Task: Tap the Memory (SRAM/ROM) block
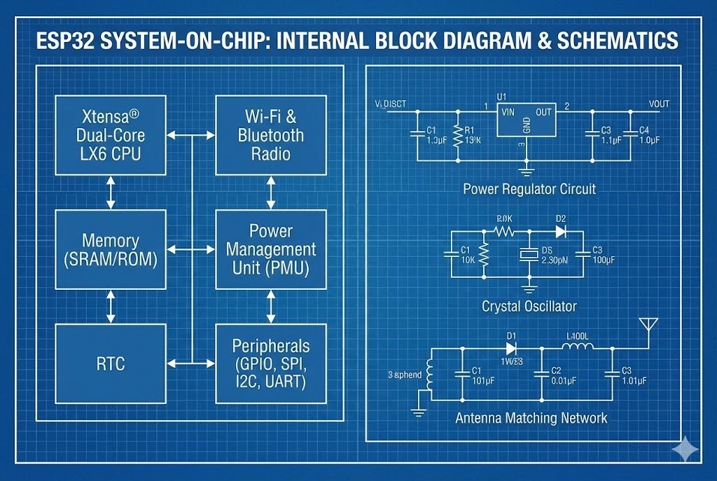(111, 249)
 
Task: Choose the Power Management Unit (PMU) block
(270, 249)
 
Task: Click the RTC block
(111, 363)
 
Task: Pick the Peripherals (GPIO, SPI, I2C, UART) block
(270, 363)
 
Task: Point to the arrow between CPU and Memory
(111, 192)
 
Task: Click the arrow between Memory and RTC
(111, 306)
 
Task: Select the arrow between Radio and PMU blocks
(270, 192)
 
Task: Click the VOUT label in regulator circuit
(659, 104)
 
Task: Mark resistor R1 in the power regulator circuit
(457, 134)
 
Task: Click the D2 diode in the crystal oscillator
(561, 232)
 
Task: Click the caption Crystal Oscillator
(529, 306)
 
